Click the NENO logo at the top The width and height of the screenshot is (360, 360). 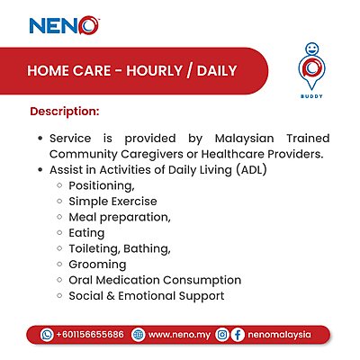[64, 25]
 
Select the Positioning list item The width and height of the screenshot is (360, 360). [102, 185]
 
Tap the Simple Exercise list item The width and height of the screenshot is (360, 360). [112, 202]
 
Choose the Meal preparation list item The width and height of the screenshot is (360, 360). [119, 217]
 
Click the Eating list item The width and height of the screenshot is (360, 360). [86, 233]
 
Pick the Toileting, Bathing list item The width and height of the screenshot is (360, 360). [119, 248]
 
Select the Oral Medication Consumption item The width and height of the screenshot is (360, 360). [155, 280]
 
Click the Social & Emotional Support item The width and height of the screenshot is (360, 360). [146, 296]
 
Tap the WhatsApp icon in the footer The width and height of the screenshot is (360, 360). [47, 334]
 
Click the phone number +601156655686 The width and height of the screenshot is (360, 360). [90, 334]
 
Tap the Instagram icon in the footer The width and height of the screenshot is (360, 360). [221, 334]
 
